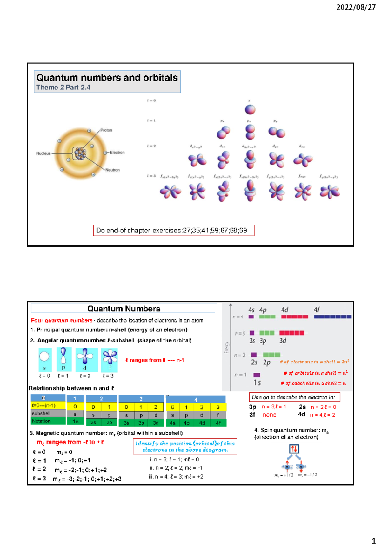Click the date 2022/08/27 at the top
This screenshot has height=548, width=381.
(356, 7)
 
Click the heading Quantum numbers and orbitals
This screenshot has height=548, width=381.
(107, 78)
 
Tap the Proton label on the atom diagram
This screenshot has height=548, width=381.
(106, 130)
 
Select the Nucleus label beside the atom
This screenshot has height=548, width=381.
(43, 153)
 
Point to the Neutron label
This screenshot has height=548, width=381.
(112, 170)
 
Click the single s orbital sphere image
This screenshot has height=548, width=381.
(250, 110)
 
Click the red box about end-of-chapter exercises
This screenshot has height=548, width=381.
(173, 231)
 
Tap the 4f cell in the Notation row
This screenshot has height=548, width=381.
(218, 423)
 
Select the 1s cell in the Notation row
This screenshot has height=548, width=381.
(75, 421)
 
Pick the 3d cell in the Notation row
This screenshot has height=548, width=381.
(156, 423)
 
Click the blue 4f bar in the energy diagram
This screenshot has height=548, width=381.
(332, 316)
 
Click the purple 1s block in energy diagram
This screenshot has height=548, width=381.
(257, 375)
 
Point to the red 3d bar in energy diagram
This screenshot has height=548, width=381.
(291, 333)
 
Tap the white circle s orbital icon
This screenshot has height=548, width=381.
(44, 356)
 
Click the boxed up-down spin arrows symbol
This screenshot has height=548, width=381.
(294, 449)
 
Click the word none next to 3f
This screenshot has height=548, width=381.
(269, 415)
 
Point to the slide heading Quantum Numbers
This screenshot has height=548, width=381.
(124, 309)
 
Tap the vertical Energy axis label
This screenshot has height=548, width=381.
(226, 348)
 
